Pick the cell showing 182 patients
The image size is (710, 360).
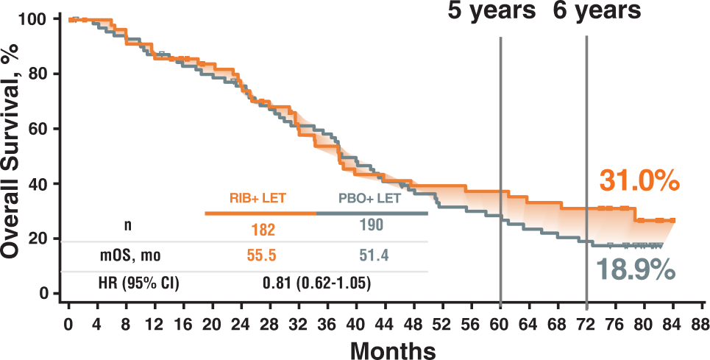[x=259, y=230]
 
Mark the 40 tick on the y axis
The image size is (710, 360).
[x=47, y=184]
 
